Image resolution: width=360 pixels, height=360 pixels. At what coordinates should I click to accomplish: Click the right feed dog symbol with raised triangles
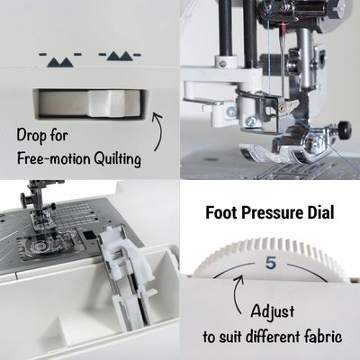coord(118,57)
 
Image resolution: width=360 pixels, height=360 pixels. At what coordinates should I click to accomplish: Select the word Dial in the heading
coord(320,214)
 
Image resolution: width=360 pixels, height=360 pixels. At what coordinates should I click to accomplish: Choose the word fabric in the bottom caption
coord(321,340)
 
